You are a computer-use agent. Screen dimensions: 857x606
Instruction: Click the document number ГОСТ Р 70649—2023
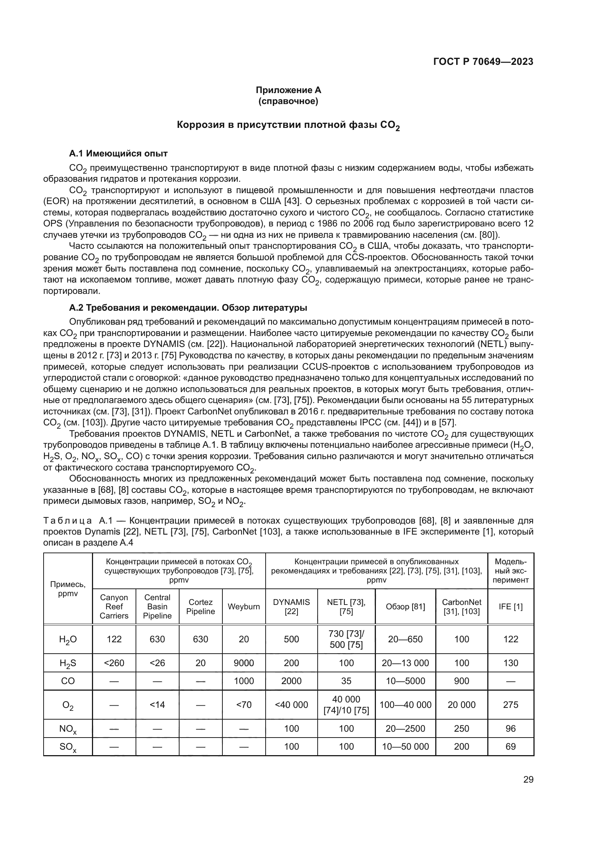point(483,62)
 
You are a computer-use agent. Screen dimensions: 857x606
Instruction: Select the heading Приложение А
point(288,90)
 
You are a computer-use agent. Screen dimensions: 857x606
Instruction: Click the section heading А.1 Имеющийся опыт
point(118,154)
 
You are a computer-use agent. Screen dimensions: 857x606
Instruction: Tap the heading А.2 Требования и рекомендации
point(188,308)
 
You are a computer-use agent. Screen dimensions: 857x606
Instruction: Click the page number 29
point(528,780)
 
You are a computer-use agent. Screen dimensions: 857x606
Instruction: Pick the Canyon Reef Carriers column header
point(114,606)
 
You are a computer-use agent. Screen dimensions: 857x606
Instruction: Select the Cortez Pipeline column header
point(200,606)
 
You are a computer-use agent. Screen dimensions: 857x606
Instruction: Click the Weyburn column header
point(244,606)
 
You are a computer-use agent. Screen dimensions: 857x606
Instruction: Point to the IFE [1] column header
point(510,606)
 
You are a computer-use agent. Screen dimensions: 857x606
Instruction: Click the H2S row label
point(67,663)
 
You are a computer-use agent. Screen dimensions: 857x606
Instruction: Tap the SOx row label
point(67,747)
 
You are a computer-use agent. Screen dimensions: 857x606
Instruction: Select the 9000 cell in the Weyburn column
point(244,663)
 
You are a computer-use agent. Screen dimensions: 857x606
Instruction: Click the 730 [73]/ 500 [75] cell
point(346,639)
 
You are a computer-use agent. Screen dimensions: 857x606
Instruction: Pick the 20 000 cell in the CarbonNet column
point(462,705)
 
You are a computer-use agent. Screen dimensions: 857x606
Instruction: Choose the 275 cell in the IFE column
point(510,705)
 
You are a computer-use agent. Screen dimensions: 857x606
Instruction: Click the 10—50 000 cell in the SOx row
point(405,746)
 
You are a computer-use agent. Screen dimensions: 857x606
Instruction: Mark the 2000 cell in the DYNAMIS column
point(291,681)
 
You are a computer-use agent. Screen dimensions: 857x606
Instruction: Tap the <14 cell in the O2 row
point(157,705)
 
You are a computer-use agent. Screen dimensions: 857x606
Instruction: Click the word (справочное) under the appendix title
point(288,101)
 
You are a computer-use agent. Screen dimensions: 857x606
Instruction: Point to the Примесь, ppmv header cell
point(67,589)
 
